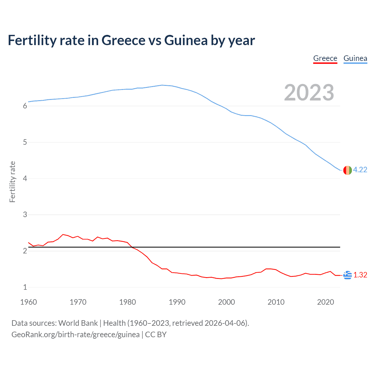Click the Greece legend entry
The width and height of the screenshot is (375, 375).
(325, 58)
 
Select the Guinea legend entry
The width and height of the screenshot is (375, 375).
(355, 58)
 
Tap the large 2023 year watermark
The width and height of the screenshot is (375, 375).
(309, 93)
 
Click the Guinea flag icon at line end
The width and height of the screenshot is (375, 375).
(347, 170)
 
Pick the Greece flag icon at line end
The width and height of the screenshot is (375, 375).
(347, 275)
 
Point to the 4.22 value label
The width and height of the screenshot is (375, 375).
(360, 170)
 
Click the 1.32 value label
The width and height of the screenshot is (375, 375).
(360, 275)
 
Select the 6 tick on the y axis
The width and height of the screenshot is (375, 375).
(25, 106)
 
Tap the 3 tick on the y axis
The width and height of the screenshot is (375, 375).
(25, 215)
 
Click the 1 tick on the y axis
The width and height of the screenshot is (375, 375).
(25, 287)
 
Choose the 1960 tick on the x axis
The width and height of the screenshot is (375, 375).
(28, 302)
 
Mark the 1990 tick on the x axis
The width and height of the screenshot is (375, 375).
(177, 302)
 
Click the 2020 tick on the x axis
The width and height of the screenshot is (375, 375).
(325, 302)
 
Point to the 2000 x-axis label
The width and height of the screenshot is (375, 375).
(226, 302)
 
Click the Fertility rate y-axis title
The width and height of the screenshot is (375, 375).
(12, 182)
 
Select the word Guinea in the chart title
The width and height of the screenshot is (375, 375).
(186, 40)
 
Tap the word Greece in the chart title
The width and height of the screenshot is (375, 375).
(123, 40)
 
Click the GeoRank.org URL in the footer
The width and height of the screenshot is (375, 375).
(76, 335)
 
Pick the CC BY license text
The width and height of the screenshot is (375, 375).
(156, 335)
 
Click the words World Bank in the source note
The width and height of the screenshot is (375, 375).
(78, 323)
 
